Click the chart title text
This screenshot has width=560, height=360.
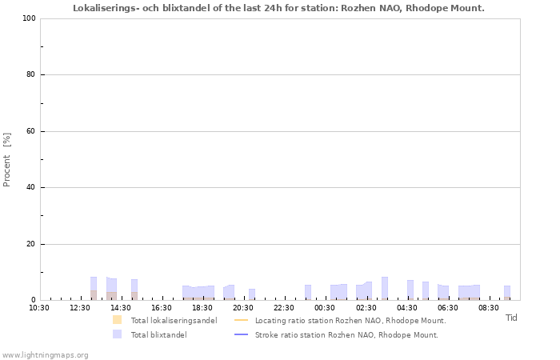[x=278, y=8]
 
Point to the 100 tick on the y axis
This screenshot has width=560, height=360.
[x=30, y=18]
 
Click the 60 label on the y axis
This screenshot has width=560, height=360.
[x=30, y=131]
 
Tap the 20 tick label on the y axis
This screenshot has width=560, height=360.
[x=30, y=244]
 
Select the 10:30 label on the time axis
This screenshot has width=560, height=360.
[x=39, y=307]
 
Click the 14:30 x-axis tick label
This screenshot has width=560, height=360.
[x=121, y=307]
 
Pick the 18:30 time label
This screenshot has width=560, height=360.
[x=202, y=307]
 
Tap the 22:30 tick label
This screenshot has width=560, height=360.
[x=284, y=307]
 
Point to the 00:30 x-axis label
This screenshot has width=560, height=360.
[x=325, y=307]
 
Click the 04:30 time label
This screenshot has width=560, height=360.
[x=406, y=307]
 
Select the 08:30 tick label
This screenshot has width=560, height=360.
[x=488, y=307]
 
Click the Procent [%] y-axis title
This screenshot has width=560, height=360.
[x=6, y=160]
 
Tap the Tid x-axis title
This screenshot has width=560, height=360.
[x=511, y=318]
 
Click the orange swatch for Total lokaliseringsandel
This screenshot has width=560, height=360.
[x=117, y=320]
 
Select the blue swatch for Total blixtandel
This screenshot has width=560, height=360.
[x=117, y=334]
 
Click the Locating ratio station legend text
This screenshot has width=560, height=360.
[x=350, y=320]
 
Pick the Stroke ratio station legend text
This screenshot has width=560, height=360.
[x=346, y=334]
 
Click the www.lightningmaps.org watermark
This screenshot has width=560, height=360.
[x=45, y=355]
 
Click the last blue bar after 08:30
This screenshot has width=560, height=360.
[x=507, y=293]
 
